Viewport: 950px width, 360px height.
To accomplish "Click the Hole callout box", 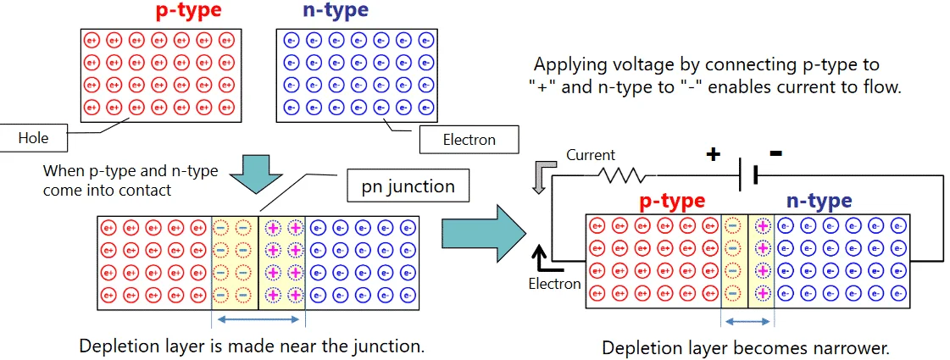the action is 33,139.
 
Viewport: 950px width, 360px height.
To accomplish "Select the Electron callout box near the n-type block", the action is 469,140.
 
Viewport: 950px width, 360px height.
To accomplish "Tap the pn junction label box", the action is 408,186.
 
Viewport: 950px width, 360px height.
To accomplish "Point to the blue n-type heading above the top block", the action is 335,11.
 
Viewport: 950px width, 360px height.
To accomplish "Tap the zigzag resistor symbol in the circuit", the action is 621,175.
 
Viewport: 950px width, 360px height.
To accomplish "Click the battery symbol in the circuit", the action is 748,175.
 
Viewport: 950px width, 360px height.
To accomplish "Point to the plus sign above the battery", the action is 713,155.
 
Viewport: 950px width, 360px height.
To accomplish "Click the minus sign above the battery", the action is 775,152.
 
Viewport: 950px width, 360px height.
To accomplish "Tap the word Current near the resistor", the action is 591,155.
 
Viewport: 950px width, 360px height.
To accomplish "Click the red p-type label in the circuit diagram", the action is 673,202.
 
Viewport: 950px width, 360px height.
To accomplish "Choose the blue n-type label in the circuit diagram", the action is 819,202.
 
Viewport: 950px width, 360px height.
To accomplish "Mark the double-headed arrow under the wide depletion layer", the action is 258,318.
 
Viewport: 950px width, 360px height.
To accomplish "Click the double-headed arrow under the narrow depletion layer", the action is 747,323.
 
